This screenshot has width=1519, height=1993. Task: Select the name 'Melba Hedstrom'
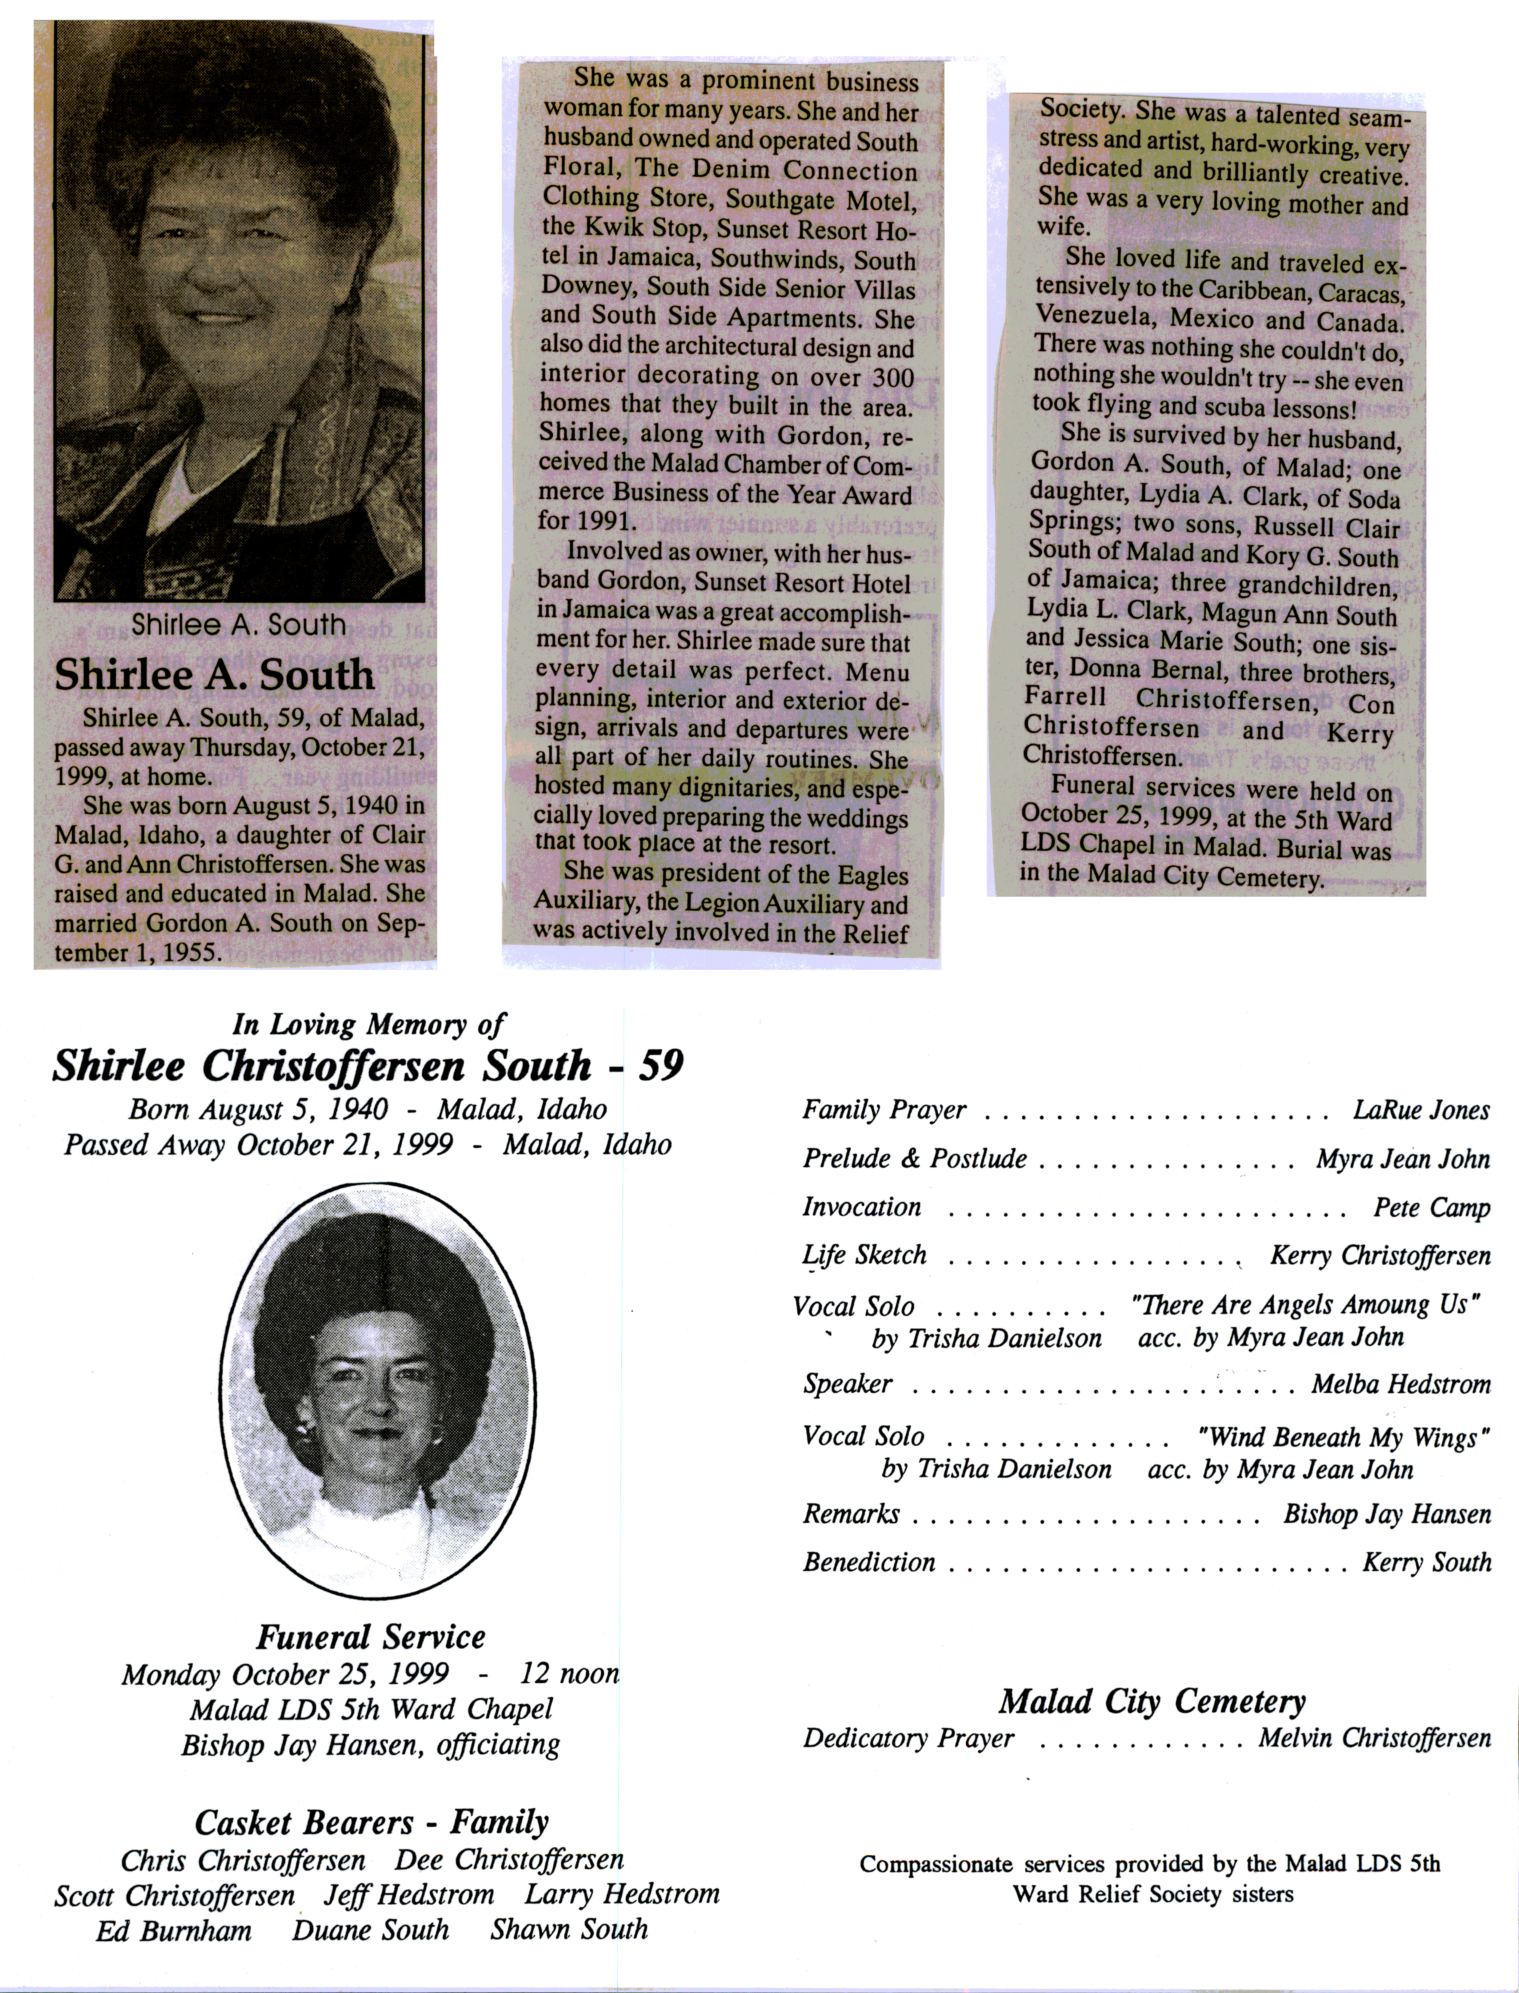tap(1401, 1384)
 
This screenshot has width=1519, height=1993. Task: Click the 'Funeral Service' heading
tap(371, 1638)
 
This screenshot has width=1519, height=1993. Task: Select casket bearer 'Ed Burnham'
tap(173, 1931)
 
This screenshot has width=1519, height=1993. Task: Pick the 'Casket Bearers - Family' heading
tap(372, 1822)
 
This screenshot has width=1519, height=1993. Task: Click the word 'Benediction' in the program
tap(869, 1562)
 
